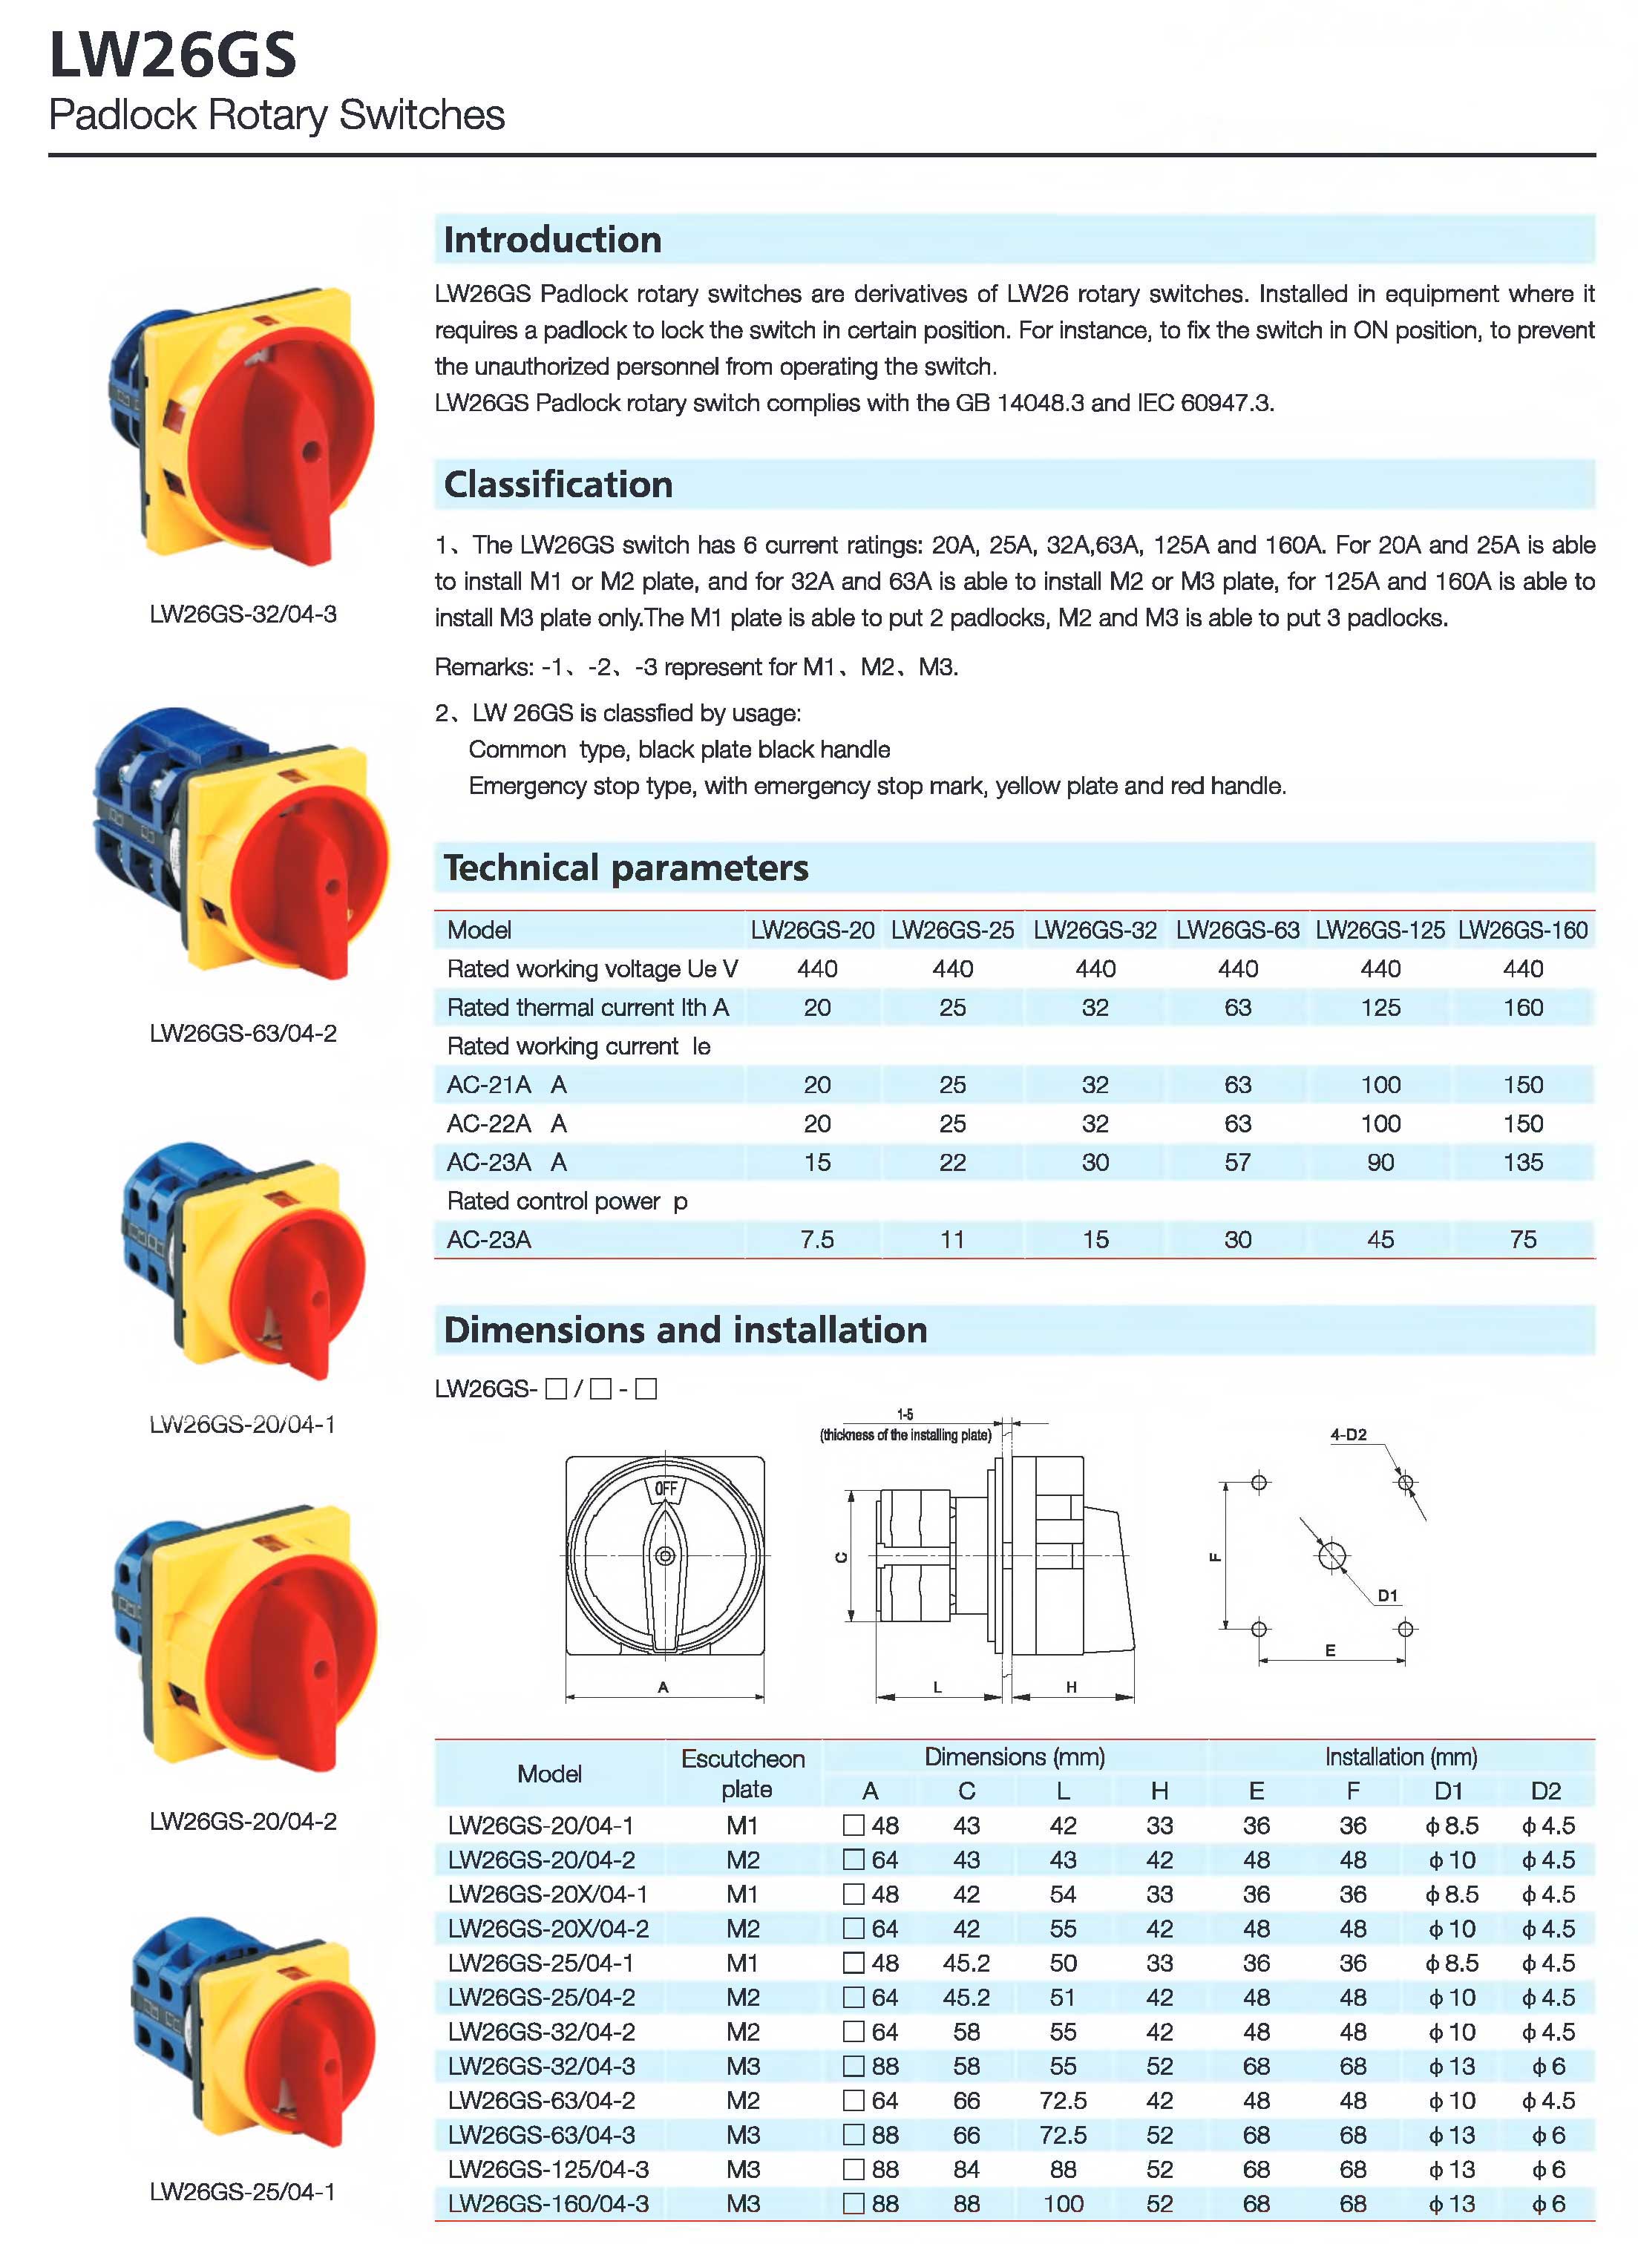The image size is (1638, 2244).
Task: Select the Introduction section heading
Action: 552,240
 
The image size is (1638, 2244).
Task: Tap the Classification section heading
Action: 558,485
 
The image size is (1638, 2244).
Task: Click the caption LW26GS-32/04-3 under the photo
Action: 243,614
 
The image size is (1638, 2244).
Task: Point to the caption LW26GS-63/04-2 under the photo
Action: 243,1034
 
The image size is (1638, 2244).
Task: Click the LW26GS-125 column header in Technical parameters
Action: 1379,931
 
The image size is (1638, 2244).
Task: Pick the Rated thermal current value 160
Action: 1522,1008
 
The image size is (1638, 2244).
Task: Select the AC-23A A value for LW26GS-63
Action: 1236,1163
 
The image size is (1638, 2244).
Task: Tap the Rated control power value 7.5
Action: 817,1240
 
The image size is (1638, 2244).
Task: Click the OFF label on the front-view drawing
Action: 665,1489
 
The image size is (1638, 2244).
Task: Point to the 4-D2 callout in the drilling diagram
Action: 1348,1434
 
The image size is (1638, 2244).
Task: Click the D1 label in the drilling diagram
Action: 1387,1595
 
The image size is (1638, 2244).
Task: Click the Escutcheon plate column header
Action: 744,1774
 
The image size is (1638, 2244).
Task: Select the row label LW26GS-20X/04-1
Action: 547,1894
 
